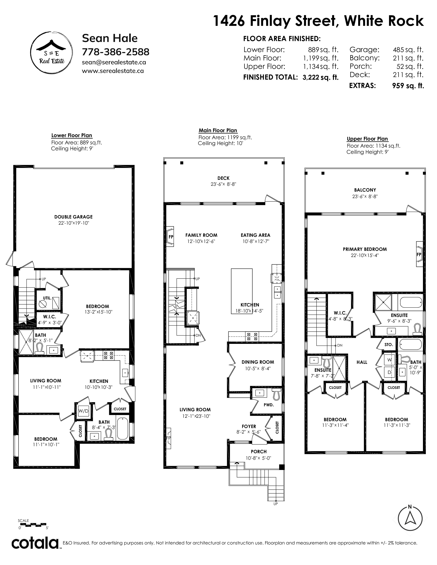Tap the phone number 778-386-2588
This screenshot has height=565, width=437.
click(116, 52)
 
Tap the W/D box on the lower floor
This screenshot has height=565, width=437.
click(83, 411)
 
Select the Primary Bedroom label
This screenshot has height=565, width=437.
click(365, 249)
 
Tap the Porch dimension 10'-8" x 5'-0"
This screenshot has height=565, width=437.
click(258, 458)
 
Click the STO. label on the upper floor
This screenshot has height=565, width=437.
click(389, 345)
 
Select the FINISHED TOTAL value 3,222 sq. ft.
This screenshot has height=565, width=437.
click(320, 77)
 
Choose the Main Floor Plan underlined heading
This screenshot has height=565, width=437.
click(218, 130)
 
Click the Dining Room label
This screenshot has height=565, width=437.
click(258, 362)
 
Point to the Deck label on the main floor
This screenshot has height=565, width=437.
click(223, 178)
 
